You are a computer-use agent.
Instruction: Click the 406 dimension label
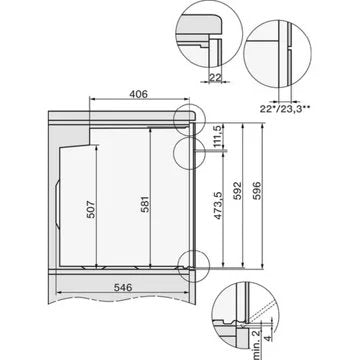click(x=138, y=94)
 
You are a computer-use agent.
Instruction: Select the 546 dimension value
click(x=123, y=287)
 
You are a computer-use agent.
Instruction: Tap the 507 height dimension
click(x=91, y=209)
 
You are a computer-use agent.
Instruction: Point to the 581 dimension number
click(x=145, y=204)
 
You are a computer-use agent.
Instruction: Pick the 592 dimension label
click(x=237, y=191)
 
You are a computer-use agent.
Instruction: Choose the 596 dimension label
click(x=257, y=191)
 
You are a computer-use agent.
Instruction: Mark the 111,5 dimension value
click(x=217, y=137)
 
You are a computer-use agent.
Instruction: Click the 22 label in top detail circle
click(x=215, y=78)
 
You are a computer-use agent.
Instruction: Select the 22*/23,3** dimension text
click(x=286, y=108)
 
